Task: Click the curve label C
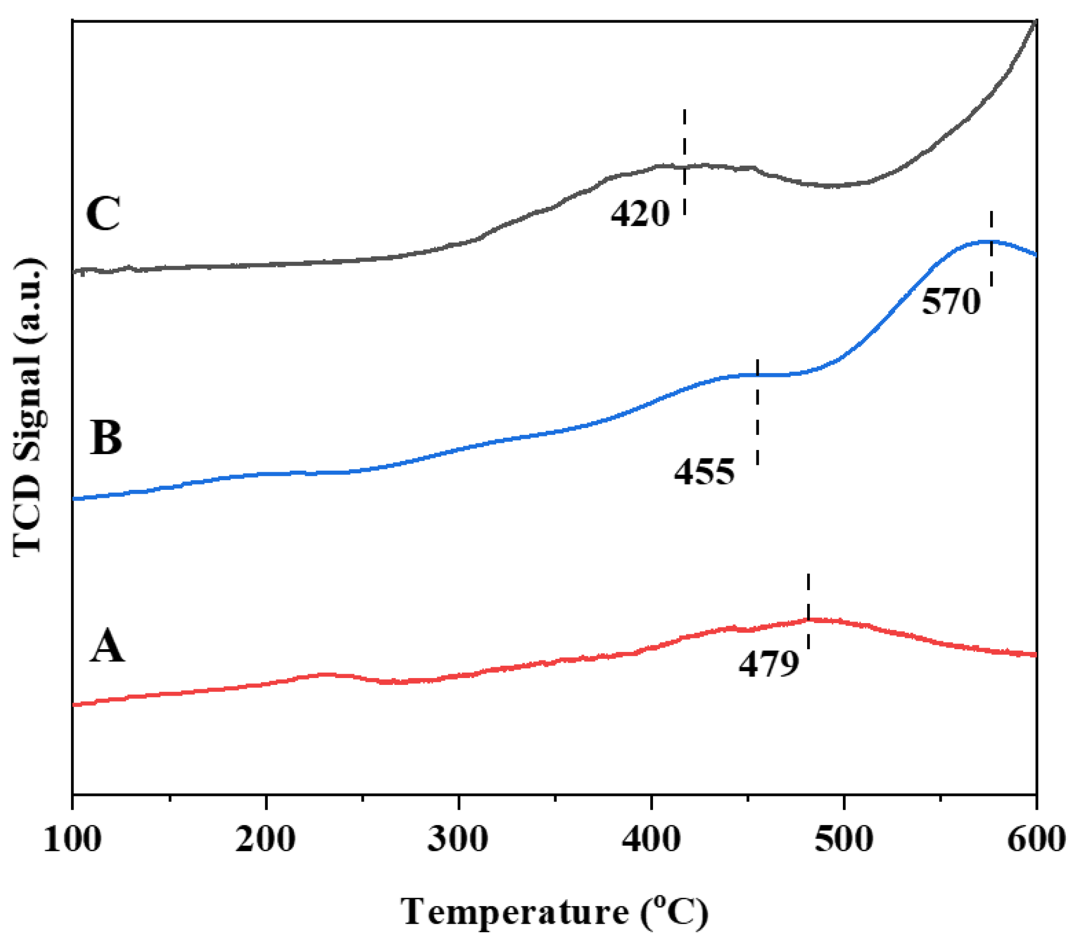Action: click(x=103, y=214)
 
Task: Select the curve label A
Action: click(x=107, y=646)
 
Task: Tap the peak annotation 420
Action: click(x=640, y=214)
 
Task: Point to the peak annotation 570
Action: click(x=951, y=302)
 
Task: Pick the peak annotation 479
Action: click(x=769, y=664)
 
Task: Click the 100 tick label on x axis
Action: click(x=72, y=840)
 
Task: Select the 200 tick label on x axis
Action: click(x=265, y=840)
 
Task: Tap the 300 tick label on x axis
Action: click(x=458, y=840)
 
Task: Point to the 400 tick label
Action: click(x=651, y=840)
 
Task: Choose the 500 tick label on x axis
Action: click(x=843, y=840)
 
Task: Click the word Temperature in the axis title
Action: click(x=515, y=912)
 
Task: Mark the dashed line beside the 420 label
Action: click(x=684, y=162)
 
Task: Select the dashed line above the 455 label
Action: click(x=758, y=412)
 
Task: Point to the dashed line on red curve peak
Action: click(x=808, y=611)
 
